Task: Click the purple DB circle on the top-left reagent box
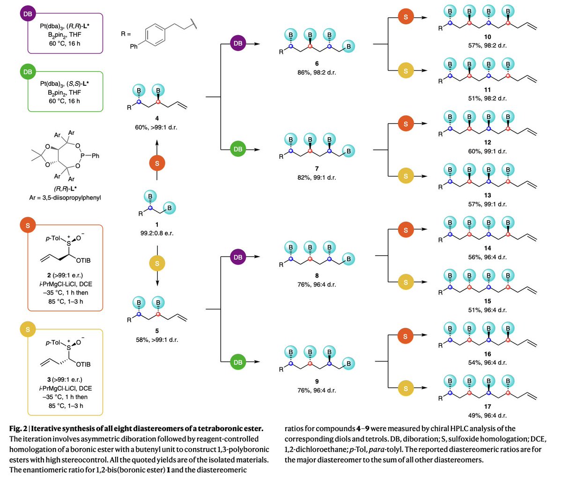click(x=28, y=14)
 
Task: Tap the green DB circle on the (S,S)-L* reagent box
click(x=28, y=72)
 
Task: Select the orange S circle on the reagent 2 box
click(x=28, y=226)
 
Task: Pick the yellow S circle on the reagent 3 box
click(x=28, y=330)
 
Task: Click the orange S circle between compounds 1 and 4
click(x=157, y=163)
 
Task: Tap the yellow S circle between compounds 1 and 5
click(x=157, y=263)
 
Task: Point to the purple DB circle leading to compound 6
click(x=238, y=44)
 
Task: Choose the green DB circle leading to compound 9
click(x=238, y=362)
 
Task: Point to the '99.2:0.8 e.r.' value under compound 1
click(x=157, y=233)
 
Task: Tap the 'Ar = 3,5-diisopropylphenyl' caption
click(x=65, y=198)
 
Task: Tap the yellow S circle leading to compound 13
click(x=406, y=177)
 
